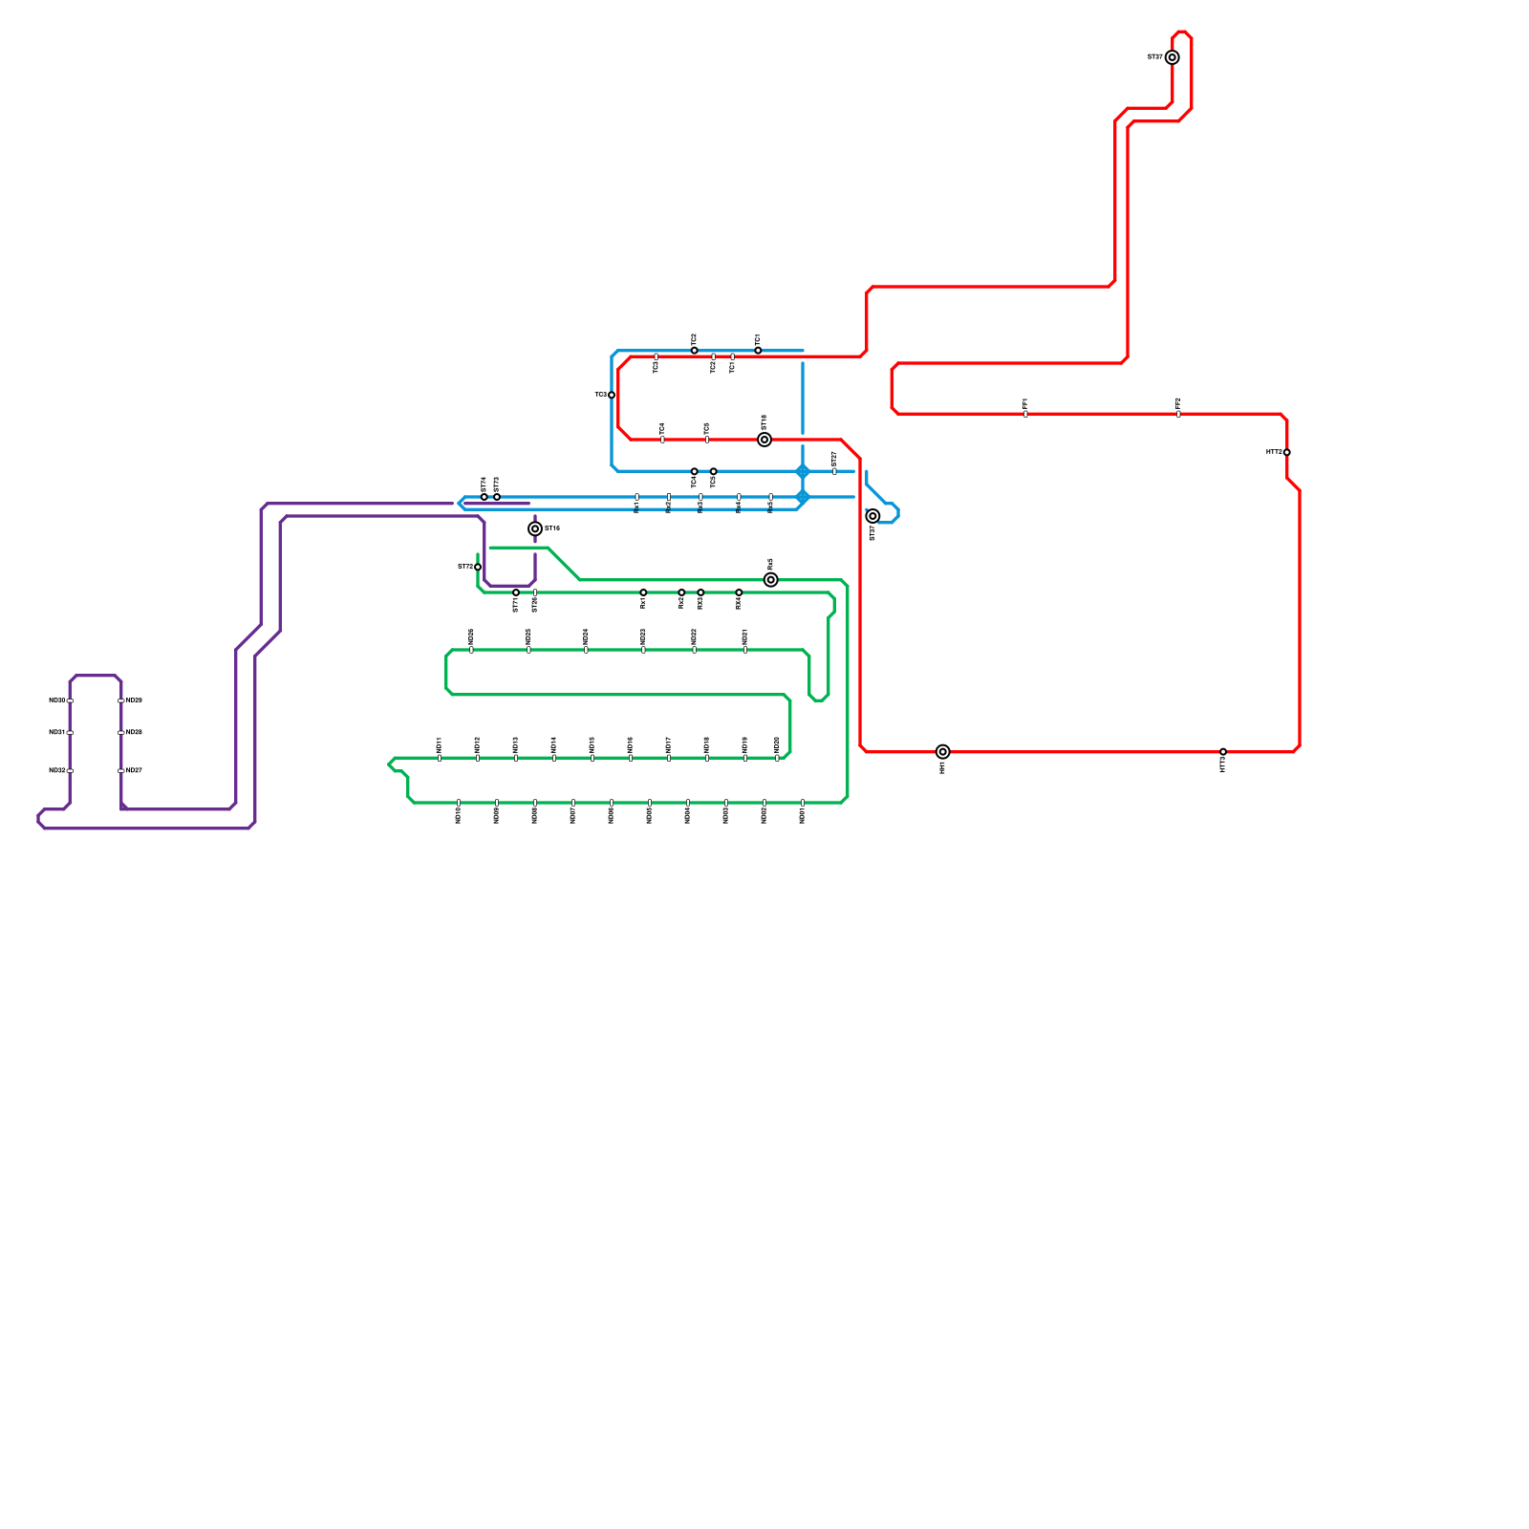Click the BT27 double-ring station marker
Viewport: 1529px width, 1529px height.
(x=1173, y=57)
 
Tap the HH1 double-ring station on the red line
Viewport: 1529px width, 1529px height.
(x=943, y=752)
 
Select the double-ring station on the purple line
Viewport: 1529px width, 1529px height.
(x=535, y=528)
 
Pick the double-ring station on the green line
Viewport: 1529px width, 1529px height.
(x=771, y=580)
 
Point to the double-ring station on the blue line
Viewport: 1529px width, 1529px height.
(x=872, y=516)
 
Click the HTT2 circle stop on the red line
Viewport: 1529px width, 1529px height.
(x=1287, y=452)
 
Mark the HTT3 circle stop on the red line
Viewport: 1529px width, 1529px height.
(x=1223, y=752)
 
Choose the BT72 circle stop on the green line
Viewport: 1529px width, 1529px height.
(x=478, y=567)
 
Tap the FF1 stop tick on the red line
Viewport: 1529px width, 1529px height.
(x=1025, y=414)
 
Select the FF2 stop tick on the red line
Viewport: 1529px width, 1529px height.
(x=1178, y=414)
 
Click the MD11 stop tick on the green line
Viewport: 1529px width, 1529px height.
(x=440, y=758)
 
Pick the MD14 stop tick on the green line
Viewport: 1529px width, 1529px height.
(x=554, y=758)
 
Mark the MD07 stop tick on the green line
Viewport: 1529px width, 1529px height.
(x=573, y=803)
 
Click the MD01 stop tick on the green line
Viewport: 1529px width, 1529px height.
(x=803, y=803)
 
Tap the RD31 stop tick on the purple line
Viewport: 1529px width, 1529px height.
(x=70, y=733)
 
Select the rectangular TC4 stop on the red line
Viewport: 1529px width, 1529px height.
(x=662, y=440)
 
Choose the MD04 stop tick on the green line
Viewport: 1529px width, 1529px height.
(x=688, y=803)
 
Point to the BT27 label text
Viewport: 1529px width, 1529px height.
(x=1154, y=57)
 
